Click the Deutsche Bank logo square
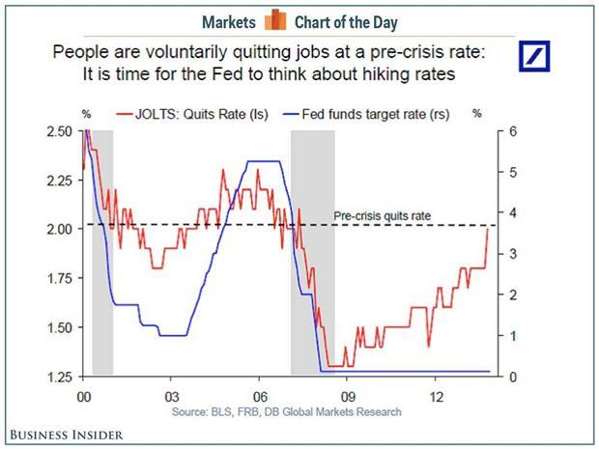point(534,56)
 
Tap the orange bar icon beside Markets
point(275,20)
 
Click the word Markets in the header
point(228,22)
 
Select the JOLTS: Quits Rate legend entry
point(192,114)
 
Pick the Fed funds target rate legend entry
point(366,114)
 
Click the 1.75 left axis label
point(59,278)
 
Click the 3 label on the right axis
point(513,254)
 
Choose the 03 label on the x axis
point(172,397)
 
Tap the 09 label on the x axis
point(348,397)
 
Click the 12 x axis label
point(436,397)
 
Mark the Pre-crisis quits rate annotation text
point(382,216)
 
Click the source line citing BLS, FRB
point(287,412)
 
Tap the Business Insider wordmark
point(67,435)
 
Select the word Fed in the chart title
point(227,73)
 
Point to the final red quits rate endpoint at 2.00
point(488,228)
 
